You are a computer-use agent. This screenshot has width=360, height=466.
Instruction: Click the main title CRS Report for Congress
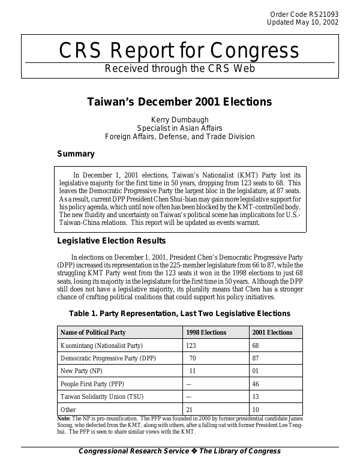click(179, 50)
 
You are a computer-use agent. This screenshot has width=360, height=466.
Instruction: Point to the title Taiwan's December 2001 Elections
click(179, 102)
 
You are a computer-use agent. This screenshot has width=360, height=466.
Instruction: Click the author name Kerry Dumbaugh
click(180, 119)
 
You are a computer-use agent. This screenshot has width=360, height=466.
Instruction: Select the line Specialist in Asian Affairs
click(180, 128)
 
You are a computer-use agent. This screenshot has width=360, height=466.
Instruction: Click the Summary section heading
click(76, 154)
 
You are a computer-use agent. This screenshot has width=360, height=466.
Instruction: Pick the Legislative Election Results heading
click(111, 241)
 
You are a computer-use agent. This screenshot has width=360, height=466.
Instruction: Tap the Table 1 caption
click(179, 313)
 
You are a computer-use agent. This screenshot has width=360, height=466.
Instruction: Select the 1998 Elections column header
click(206, 332)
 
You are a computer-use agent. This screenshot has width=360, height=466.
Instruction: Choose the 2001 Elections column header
click(272, 332)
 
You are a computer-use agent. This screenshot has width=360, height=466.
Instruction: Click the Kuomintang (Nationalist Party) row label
click(102, 346)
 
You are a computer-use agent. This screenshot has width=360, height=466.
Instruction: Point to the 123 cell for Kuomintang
click(191, 346)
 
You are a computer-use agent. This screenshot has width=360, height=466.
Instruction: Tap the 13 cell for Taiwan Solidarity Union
click(256, 396)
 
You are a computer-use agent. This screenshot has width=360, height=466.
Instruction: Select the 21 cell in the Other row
click(190, 410)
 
